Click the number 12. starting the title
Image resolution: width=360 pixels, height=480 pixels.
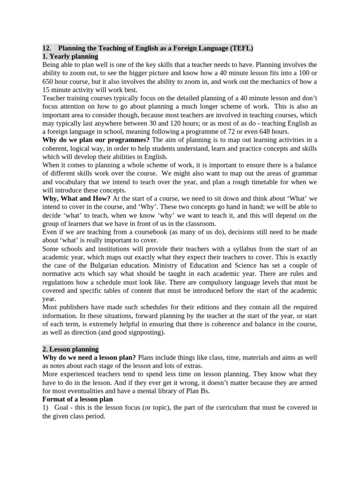pyautogui.click(x=46, y=48)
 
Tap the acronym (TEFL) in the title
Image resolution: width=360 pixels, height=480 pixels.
pyautogui.click(x=241, y=48)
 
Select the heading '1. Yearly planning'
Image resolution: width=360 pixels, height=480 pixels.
pyautogui.click(x=70, y=56)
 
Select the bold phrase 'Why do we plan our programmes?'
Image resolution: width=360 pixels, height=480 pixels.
pyautogui.click(x=96, y=140)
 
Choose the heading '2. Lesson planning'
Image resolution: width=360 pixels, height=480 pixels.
pyautogui.click(x=70, y=349)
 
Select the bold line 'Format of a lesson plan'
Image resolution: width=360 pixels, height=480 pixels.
pyautogui.click(x=77, y=399)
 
